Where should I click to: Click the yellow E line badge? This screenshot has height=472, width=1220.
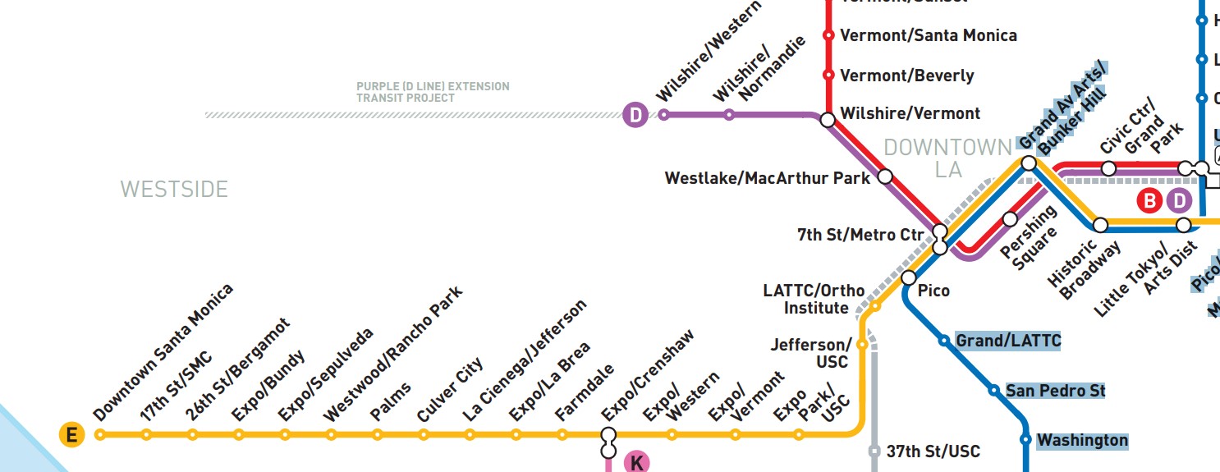(x=71, y=435)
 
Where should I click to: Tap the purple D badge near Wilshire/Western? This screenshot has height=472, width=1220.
(x=635, y=115)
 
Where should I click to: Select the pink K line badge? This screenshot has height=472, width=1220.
(x=636, y=462)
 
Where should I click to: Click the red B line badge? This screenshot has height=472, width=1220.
(x=1149, y=200)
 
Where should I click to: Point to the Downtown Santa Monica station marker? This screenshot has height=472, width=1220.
(x=100, y=435)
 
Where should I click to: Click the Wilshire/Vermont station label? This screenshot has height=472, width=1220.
(x=910, y=113)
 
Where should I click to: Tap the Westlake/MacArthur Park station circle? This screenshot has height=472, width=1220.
(x=885, y=176)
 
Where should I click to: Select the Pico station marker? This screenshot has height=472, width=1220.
(x=909, y=277)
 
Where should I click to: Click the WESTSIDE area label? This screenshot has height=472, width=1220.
(x=174, y=190)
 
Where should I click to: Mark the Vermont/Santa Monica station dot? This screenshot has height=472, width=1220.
(x=828, y=35)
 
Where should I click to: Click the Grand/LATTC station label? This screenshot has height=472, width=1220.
(x=1008, y=341)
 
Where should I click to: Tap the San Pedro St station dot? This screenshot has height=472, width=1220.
(x=993, y=391)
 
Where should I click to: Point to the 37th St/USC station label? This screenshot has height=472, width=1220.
(x=933, y=451)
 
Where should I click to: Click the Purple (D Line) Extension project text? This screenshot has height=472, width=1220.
(x=433, y=92)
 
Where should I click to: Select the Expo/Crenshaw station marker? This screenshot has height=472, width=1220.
(x=608, y=435)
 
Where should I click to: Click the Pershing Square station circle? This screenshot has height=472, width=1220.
(x=1010, y=219)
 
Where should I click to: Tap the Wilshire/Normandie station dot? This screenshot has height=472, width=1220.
(x=728, y=115)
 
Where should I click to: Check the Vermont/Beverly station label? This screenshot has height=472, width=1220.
(x=906, y=76)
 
